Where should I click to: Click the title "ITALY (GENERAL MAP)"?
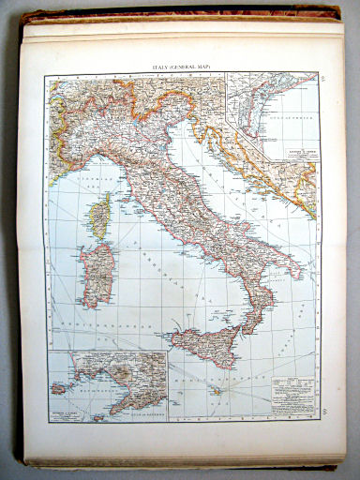(179, 67)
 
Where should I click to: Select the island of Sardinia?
(97, 275)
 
